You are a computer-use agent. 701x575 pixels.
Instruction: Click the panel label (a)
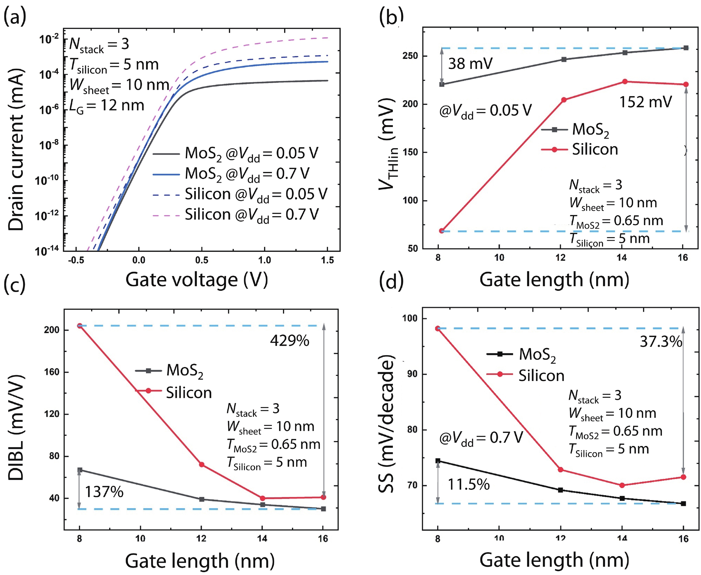coord(15,16)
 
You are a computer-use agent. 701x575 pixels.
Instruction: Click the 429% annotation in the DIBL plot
coord(290,341)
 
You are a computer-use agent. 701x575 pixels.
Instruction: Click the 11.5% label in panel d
coord(468,484)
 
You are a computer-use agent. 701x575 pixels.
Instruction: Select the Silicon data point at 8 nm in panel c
coord(79,326)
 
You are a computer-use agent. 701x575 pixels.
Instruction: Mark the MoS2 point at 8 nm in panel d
coord(438,461)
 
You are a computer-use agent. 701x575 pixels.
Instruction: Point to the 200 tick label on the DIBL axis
coord(52,330)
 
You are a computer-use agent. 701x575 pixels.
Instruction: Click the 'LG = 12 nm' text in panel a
coord(107,106)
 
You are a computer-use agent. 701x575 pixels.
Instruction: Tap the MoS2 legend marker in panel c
coord(148,371)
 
